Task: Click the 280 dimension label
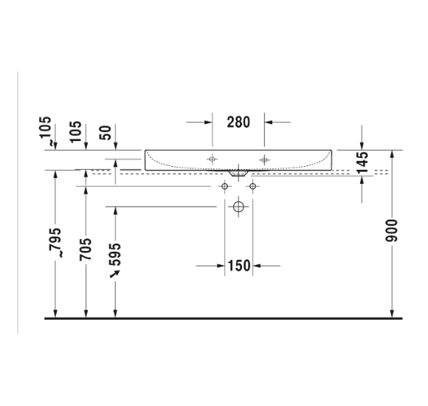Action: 238,123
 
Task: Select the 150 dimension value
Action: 238,265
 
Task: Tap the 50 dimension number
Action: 106,134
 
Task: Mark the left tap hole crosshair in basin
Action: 213,159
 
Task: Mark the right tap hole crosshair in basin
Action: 263,159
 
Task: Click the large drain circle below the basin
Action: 238,207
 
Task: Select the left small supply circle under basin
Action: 224,187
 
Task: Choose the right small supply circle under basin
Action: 252,187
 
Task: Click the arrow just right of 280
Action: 277,123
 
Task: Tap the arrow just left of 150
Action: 210,265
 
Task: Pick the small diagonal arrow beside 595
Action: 114,275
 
